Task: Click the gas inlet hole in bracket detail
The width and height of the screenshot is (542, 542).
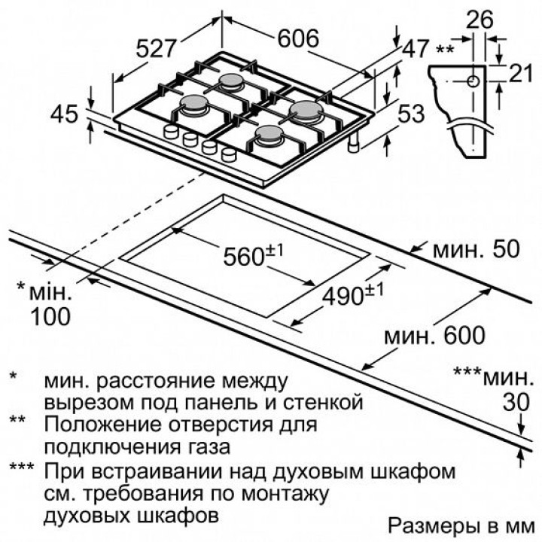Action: coord(470,81)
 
